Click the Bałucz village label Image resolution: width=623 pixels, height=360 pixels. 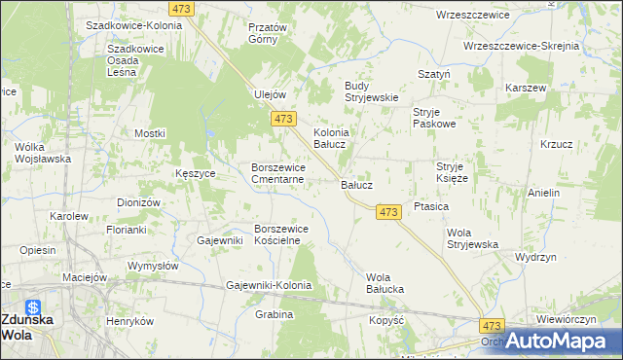click(x=356, y=183)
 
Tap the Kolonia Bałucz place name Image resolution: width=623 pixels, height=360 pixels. click(x=331, y=138)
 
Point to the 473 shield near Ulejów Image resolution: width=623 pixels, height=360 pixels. click(x=283, y=119)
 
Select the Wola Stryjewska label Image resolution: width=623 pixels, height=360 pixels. click(x=472, y=238)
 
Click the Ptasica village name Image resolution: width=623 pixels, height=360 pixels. click(x=430, y=206)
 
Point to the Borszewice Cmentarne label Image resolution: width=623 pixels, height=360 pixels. click(x=279, y=173)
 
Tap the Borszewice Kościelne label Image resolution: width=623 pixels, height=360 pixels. click(x=281, y=234)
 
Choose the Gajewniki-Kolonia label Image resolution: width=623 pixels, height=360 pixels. click(x=269, y=285)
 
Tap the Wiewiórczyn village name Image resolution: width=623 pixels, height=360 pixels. click(x=566, y=319)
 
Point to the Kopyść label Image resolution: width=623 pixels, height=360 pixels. click(x=386, y=319)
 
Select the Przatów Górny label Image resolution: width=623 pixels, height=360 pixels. click(x=268, y=34)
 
